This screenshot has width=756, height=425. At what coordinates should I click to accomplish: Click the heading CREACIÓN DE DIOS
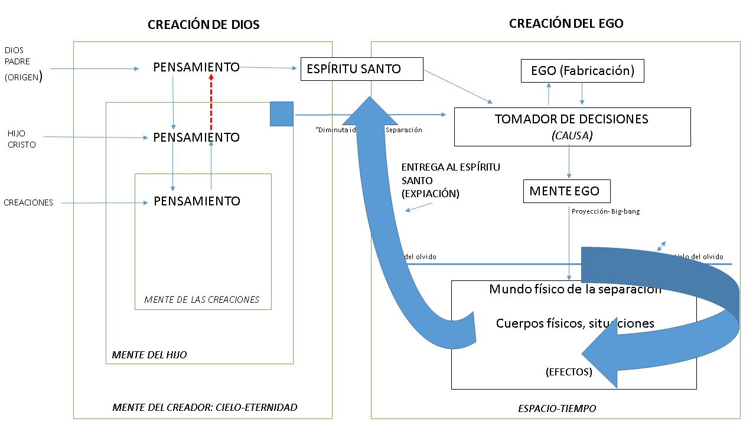coord(203,25)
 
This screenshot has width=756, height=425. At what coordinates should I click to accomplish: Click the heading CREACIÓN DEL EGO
coord(566,24)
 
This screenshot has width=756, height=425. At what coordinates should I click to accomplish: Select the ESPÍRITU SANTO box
coord(362,69)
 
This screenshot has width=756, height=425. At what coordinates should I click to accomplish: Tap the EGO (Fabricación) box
coord(582,71)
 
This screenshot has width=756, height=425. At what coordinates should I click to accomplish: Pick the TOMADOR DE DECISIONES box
coord(572,126)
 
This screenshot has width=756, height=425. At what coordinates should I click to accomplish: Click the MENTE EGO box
coord(566,191)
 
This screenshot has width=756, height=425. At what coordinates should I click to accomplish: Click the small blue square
coord(282,114)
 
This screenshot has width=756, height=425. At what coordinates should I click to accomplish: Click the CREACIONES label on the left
coord(28,202)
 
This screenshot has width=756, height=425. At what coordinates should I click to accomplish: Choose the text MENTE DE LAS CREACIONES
coord(201,299)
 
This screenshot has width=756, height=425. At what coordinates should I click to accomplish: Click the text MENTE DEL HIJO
coord(149,355)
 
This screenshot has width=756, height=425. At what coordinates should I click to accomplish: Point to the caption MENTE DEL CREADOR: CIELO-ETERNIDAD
coord(204,407)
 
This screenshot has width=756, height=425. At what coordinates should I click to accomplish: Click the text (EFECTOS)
coord(568,372)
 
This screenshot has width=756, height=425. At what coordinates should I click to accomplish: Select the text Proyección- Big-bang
coord(605,211)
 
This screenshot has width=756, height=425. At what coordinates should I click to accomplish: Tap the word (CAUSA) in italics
coord(572,136)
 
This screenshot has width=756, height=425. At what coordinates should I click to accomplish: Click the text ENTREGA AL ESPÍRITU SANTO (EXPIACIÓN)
coord(450,180)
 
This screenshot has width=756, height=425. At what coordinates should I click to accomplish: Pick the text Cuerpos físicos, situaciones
coord(575,323)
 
